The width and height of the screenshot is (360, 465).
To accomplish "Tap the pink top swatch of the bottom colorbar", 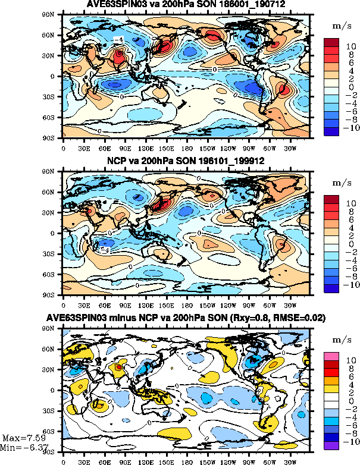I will (331, 356).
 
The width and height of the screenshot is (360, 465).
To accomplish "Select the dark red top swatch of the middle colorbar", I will (331, 199).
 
